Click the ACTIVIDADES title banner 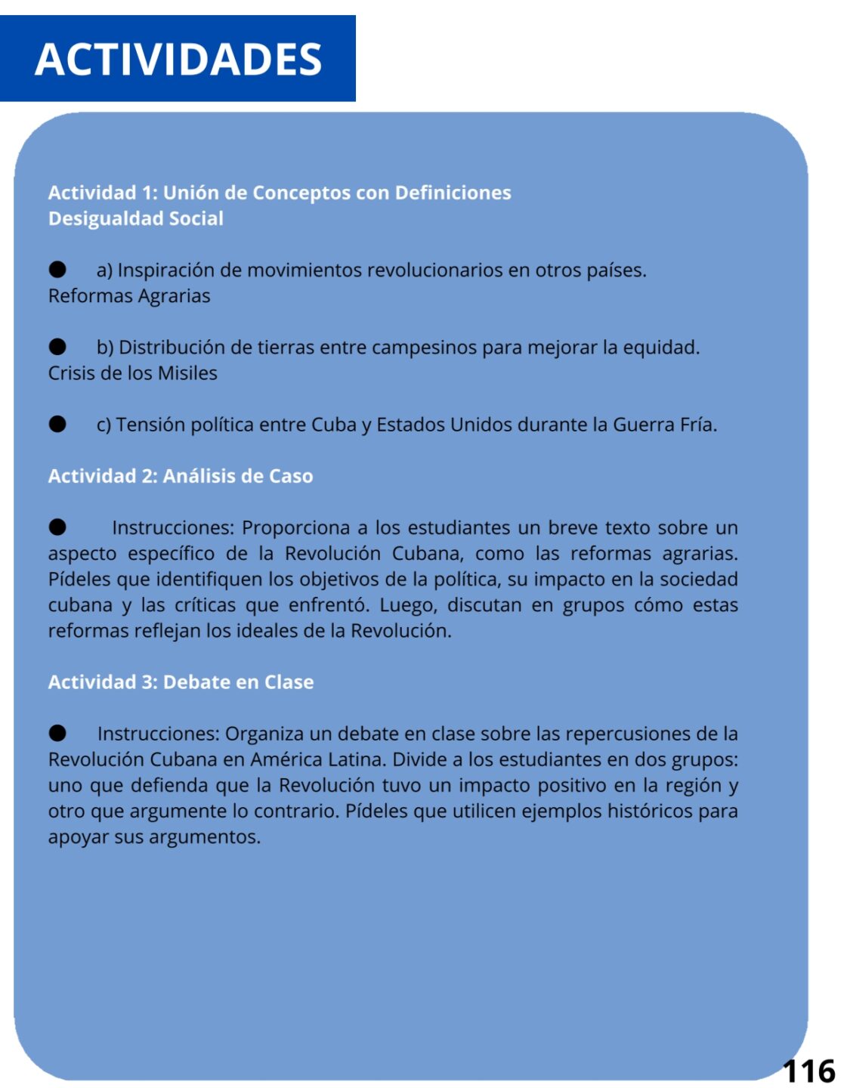point(178,59)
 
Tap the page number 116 point(809,1071)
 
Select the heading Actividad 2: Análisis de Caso point(181,476)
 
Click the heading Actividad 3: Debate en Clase point(181,682)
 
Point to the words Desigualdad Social point(136,219)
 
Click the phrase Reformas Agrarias point(129,296)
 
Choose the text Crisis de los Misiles point(133,373)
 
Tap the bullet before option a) point(57,270)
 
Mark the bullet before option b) point(57,347)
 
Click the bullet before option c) point(57,424)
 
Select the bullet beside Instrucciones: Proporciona point(57,527)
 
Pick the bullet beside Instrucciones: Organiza point(57,733)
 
